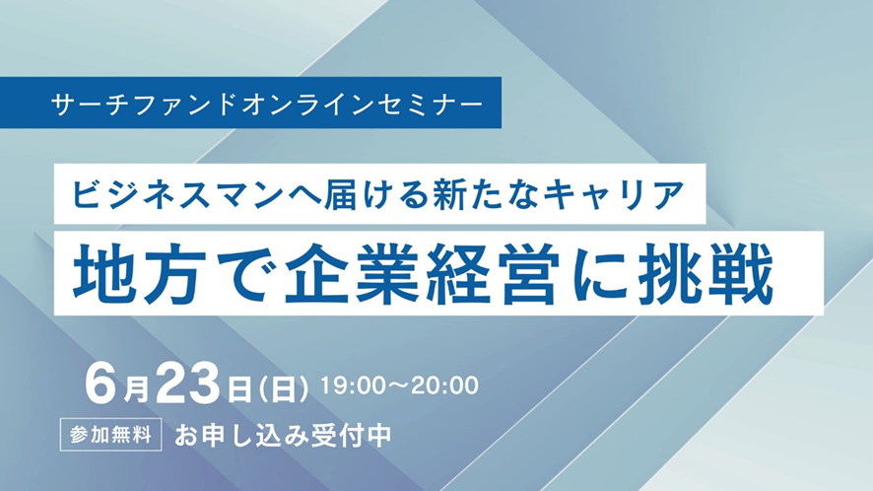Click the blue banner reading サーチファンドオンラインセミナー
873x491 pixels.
(250, 103)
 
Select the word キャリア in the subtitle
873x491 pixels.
(613, 194)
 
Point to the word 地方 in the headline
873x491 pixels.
(136, 274)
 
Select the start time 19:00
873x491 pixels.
(353, 386)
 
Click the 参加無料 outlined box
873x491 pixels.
(110, 434)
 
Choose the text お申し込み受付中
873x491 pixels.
(284, 435)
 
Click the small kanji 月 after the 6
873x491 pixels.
(136, 389)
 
